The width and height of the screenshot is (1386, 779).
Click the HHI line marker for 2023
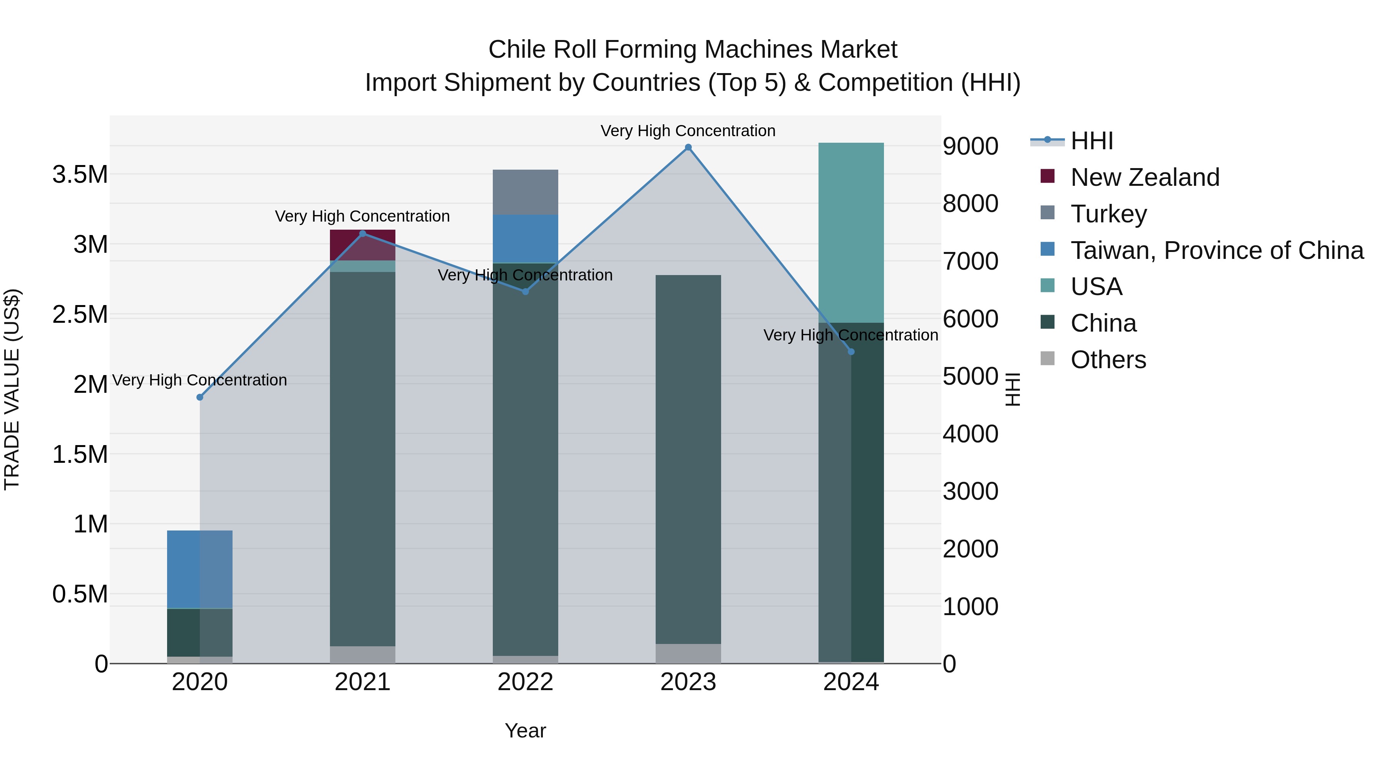click(x=688, y=147)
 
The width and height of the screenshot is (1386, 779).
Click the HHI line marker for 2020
click(x=199, y=397)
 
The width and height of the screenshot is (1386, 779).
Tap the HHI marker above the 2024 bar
click(x=850, y=352)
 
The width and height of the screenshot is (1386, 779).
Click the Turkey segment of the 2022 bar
click(x=525, y=192)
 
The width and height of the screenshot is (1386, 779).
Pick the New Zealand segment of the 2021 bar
click(x=362, y=245)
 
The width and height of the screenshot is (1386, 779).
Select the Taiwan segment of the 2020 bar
click(x=199, y=569)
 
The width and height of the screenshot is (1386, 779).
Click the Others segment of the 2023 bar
click(x=688, y=653)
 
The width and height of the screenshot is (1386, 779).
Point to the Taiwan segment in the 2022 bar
click(x=525, y=238)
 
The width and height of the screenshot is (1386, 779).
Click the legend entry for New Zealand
click(x=1145, y=177)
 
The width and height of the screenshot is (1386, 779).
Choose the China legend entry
click(x=1103, y=323)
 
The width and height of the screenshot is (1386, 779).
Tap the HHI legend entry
click(x=1091, y=141)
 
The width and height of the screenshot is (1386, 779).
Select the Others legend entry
click(x=1108, y=360)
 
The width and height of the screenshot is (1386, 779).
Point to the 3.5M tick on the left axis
click(x=80, y=175)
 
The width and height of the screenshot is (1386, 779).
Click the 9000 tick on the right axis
click(x=970, y=146)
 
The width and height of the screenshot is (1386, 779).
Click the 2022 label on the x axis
click(x=525, y=682)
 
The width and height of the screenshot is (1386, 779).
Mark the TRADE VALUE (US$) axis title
click(x=12, y=389)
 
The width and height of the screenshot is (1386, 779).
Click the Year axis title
click(x=525, y=731)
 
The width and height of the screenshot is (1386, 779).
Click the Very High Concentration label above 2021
click(x=362, y=216)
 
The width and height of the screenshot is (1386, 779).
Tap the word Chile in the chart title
click(x=517, y=50)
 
